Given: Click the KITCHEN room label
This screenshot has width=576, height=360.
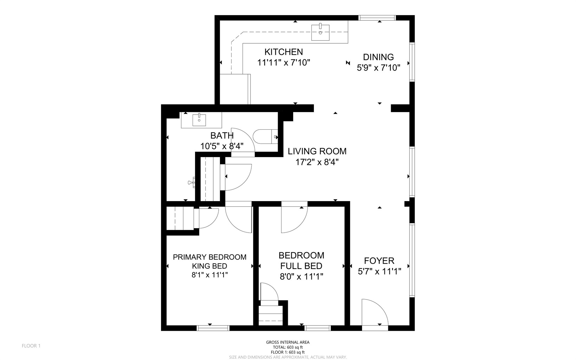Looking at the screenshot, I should (283, 52).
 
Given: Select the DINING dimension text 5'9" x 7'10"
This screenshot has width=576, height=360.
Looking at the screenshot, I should (378, 68).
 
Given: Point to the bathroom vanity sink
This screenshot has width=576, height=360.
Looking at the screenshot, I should (199, 120).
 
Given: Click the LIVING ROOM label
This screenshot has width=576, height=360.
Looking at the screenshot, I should (317, 152).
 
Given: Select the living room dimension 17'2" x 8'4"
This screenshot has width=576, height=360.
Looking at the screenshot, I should (317, 162).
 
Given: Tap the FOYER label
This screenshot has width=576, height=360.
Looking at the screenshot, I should (379, 261).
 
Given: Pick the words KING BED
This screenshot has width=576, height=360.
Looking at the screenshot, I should (209, 266).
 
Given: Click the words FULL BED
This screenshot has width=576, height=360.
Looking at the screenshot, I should (301, 266).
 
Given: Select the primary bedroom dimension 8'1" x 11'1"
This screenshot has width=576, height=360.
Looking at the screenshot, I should (209, 275).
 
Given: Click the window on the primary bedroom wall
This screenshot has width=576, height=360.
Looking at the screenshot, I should (213, 328).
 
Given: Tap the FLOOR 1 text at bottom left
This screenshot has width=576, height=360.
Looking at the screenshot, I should (31, 346).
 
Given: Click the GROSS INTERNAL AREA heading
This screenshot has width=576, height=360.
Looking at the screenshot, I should (287, 342).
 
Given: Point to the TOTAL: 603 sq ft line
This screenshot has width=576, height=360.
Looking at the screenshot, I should (287, 347).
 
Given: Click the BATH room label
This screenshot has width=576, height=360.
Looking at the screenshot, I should (222, 136).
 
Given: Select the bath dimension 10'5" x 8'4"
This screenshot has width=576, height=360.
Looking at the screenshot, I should (222, 146).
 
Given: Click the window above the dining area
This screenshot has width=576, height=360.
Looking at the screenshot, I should (377, 18).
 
